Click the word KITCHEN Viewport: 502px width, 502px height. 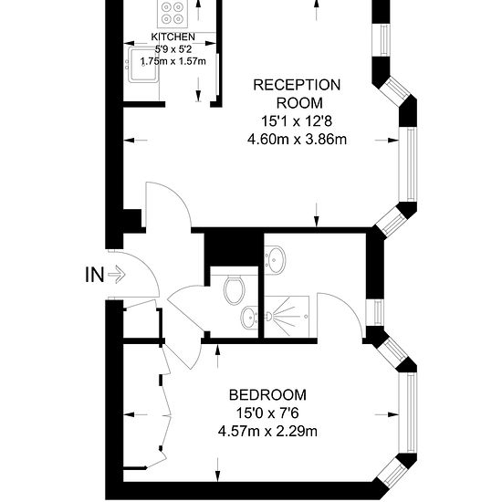(173, 36)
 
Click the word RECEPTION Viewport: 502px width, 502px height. (297, 85)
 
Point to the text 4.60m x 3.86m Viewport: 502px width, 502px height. (297, 140)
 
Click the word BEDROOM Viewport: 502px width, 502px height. (267, 395)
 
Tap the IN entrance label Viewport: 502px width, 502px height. (93, 273)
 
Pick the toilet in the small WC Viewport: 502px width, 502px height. (234, 289)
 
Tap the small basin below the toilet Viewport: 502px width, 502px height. (246, 319)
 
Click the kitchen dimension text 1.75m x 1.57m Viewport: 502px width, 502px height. (173, 61)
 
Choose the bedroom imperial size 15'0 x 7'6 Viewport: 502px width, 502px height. (267, 413)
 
